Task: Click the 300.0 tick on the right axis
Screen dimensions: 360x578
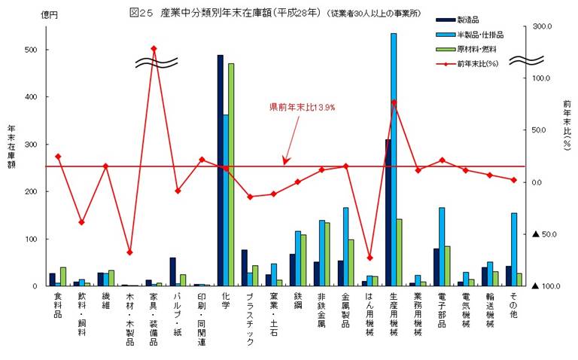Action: point(542,26)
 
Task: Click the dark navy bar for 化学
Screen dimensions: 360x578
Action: point(220,170)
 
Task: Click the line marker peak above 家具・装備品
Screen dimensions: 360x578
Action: point(154,49)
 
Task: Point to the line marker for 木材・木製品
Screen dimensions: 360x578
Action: point(129,252)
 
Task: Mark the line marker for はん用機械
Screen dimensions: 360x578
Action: point(370,258)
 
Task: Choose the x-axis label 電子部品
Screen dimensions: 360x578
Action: point(442,310)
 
